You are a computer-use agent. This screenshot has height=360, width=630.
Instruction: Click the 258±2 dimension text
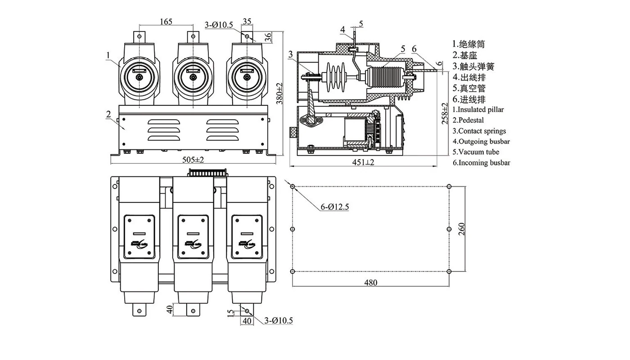(445, 113)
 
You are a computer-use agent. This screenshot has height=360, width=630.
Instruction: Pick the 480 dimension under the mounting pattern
(371, 283)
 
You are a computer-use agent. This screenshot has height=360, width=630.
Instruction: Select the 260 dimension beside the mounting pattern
(461, 229)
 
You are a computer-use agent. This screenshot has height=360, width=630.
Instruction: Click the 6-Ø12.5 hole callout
(335, 207)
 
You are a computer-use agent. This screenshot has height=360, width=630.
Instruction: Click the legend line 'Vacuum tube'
(476, 152)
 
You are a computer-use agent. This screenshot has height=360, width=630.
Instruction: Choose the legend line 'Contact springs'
(479, 131)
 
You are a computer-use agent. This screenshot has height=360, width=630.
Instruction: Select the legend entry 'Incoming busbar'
(481, 163)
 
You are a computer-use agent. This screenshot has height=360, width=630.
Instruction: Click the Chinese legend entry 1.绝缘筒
(468, 45)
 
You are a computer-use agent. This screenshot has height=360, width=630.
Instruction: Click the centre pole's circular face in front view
(193, 77)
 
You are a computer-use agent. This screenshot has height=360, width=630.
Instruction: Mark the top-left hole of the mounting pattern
(293, 186)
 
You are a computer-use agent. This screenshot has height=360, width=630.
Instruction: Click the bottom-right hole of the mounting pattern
(449, 272)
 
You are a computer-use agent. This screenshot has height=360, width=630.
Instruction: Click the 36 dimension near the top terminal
(268, 37)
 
